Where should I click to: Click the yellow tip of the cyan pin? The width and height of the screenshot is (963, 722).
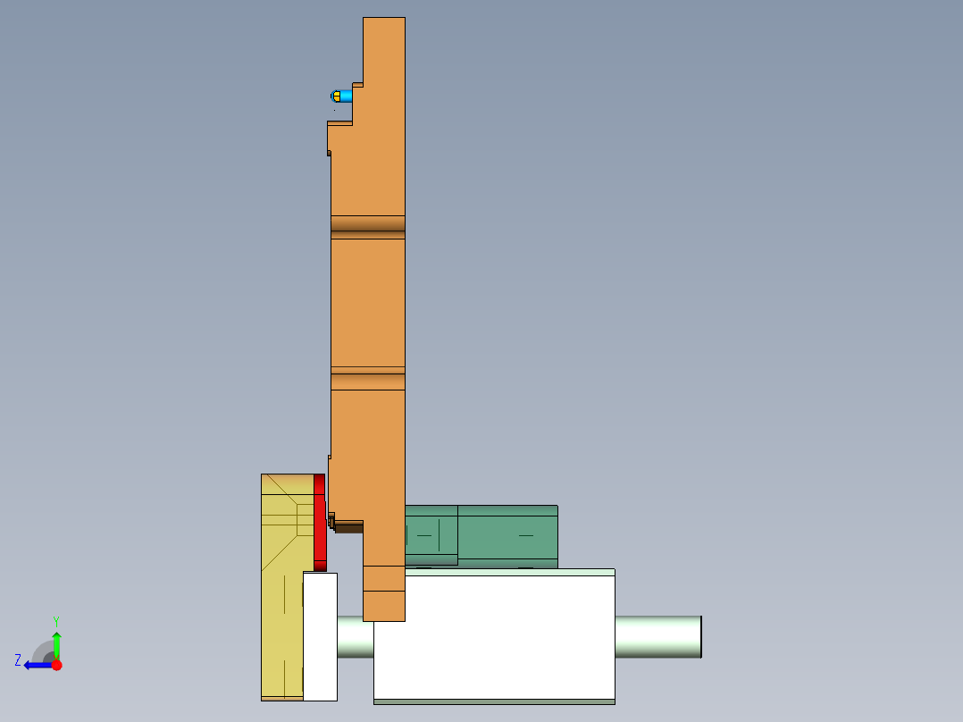(x=336, y=96)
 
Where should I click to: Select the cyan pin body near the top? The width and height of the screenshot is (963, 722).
(x=346, y=96)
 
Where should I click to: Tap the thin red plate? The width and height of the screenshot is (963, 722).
(x=320, y=522)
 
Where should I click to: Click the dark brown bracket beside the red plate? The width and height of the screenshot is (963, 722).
(x=348, y=526)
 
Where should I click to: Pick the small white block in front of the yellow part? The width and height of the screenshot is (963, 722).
(x=320, y=636)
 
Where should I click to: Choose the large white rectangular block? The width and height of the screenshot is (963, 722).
(x=494, y=636)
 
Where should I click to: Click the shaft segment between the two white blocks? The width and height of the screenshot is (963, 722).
(x=355, y=636)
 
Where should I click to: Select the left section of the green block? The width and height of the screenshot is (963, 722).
(x=431, y=533)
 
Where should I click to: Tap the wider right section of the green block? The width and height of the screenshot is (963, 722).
(x=507, y=535)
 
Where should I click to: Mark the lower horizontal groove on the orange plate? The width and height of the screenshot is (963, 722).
(x=368, y=381)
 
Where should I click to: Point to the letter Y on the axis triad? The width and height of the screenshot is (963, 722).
(x=55, y=620)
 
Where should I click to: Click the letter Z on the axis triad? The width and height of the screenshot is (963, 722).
(x=18, y=660)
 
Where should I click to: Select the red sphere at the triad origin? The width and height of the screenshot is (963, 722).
(x=56, y=665)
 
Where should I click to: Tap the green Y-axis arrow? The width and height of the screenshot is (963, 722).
(x=56, y=643)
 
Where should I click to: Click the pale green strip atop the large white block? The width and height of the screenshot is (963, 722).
(x=510, y=572)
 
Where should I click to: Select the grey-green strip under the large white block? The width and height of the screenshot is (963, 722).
(x=494, y=701)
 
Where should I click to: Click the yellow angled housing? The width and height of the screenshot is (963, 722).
(x=281, y=590)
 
